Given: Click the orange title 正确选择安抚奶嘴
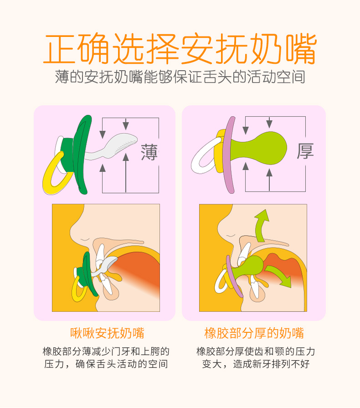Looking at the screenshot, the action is click(180, 49).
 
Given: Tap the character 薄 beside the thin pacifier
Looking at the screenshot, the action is click(149, 152).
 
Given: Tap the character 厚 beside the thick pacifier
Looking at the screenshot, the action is click(305, 150).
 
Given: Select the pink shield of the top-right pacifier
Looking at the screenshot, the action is click(229, 155).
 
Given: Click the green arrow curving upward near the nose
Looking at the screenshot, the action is click(262, 225).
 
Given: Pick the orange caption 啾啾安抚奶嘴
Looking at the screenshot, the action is click(107, 333).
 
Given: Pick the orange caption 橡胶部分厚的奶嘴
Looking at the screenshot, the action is click(254, 333).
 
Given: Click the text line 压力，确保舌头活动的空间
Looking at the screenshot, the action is click(106, 364).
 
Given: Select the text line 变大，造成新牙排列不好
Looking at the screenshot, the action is click(256, 364).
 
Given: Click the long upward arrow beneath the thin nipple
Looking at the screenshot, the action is click(126, 173).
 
